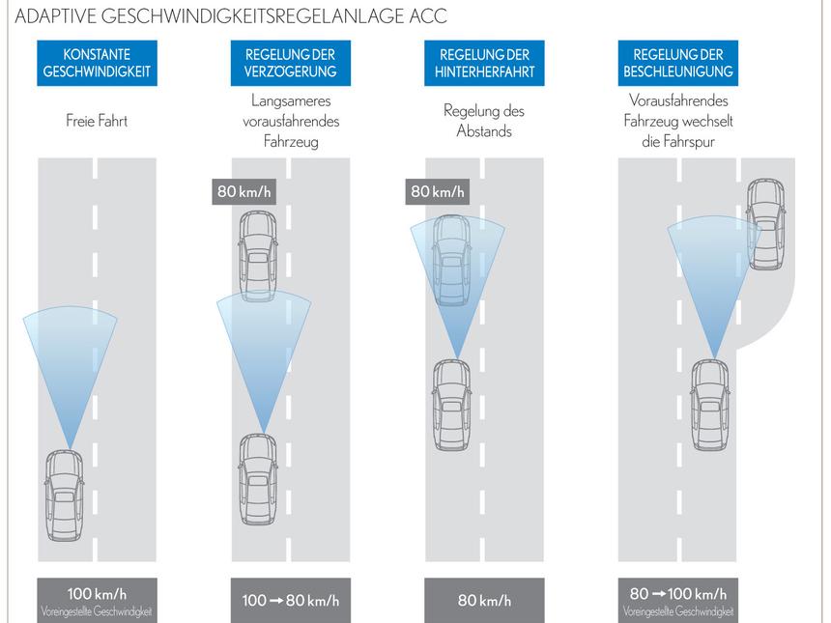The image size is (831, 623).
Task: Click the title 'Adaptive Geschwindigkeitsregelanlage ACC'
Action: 231,16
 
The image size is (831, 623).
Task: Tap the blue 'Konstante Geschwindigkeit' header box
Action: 97,63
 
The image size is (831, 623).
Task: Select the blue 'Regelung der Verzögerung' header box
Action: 290,63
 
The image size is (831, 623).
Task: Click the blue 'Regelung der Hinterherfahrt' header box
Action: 484,63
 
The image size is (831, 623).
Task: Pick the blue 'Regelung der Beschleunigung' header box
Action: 677,63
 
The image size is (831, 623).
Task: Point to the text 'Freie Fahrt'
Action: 97,122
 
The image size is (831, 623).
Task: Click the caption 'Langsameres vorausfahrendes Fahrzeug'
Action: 290,122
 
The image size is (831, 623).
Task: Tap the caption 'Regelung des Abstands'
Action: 484,122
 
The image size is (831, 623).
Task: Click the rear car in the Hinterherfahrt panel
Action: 451,406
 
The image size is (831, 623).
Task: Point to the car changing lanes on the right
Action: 765,224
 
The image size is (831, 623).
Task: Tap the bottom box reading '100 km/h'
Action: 97,600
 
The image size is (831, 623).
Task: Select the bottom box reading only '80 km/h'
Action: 484,601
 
